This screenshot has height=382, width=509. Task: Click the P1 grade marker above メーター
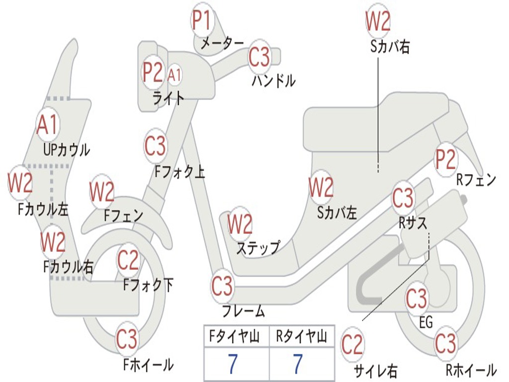coord(201,21)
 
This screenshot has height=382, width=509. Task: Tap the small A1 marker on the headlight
coord(174,75)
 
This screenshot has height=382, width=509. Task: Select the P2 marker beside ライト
coord(153,73)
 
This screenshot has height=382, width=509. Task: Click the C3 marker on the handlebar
coord(259,57)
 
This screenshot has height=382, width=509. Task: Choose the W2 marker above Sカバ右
coord(378,21)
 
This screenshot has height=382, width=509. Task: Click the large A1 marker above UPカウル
coord(48,125)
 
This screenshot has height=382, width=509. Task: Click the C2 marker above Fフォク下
coord(128,260)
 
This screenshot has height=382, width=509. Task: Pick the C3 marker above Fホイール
coord(127,340)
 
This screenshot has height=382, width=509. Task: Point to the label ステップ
coord(258,247)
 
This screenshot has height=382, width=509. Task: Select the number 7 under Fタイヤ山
coord(233,364)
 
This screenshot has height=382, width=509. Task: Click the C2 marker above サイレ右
coord(352,345)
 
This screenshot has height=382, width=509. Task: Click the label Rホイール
coord(471,370)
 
